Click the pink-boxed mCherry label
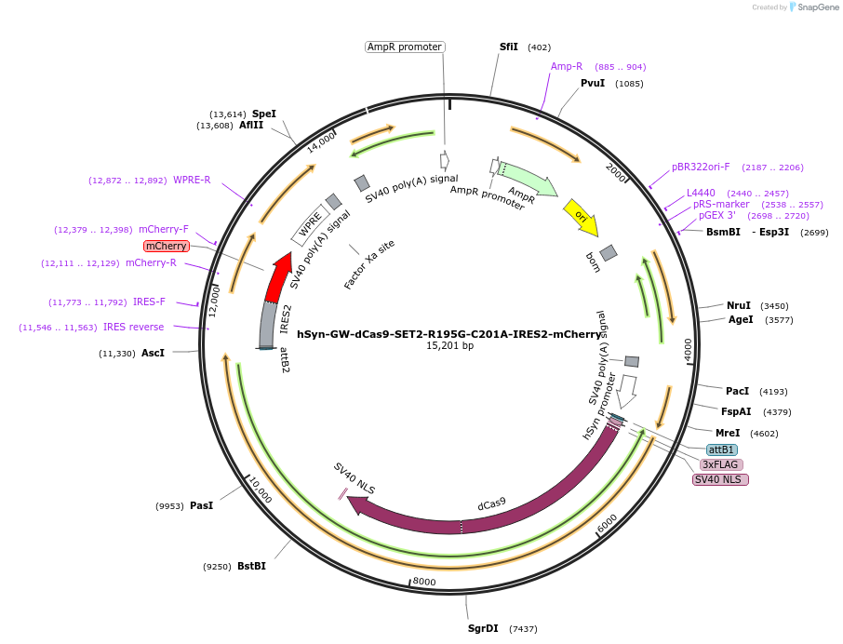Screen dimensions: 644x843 click(x=167, y=246)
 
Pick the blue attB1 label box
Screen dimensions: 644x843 click(x=721, y=449)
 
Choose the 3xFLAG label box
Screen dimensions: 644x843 click(x=721, y=464)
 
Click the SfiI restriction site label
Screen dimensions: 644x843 click(x=509, y=47)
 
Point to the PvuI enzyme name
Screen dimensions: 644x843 click(x=593, y=84)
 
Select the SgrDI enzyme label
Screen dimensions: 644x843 click(x=483, y=628)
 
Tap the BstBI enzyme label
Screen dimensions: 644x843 click(x=251, y=566)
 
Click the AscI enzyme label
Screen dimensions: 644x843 click(x=153, y=353)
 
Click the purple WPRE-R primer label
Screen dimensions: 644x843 click(x=192, y=181)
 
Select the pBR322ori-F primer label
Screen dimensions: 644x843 click(x=701, y=168)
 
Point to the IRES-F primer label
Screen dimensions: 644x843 click(x=149, y=302)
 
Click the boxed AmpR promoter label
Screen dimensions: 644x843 click(x=405, y=47)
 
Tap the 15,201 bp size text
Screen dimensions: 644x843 click(x=449, y=346)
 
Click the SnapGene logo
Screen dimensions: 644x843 click(x=810, y=7)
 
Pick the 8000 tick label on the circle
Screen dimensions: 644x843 click(x=424, y=582)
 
